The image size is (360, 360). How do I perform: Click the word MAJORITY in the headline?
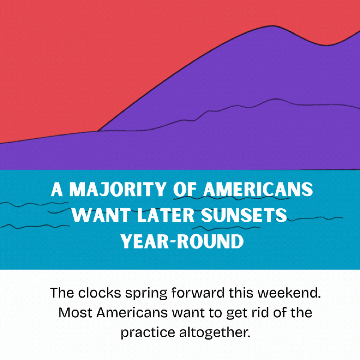118,190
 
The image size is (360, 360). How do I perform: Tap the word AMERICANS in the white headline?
258,190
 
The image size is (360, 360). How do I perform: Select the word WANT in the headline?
101,215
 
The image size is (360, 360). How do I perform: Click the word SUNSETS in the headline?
244,215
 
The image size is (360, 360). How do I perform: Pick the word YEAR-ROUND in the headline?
182,241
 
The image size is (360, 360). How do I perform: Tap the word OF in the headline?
185,190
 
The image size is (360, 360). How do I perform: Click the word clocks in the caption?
100,293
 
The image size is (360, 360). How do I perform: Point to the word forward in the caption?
198,293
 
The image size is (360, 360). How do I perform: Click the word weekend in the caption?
289,293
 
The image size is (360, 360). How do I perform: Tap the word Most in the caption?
75,312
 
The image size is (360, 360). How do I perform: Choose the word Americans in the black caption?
132,312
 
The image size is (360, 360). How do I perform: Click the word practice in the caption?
148,333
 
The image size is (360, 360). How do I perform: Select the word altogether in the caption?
215,333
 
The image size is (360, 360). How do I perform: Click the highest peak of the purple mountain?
273,26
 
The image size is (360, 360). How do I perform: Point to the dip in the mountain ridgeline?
326,45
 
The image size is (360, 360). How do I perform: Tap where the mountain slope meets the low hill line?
99,131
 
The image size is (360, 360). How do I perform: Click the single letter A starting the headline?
57,190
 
